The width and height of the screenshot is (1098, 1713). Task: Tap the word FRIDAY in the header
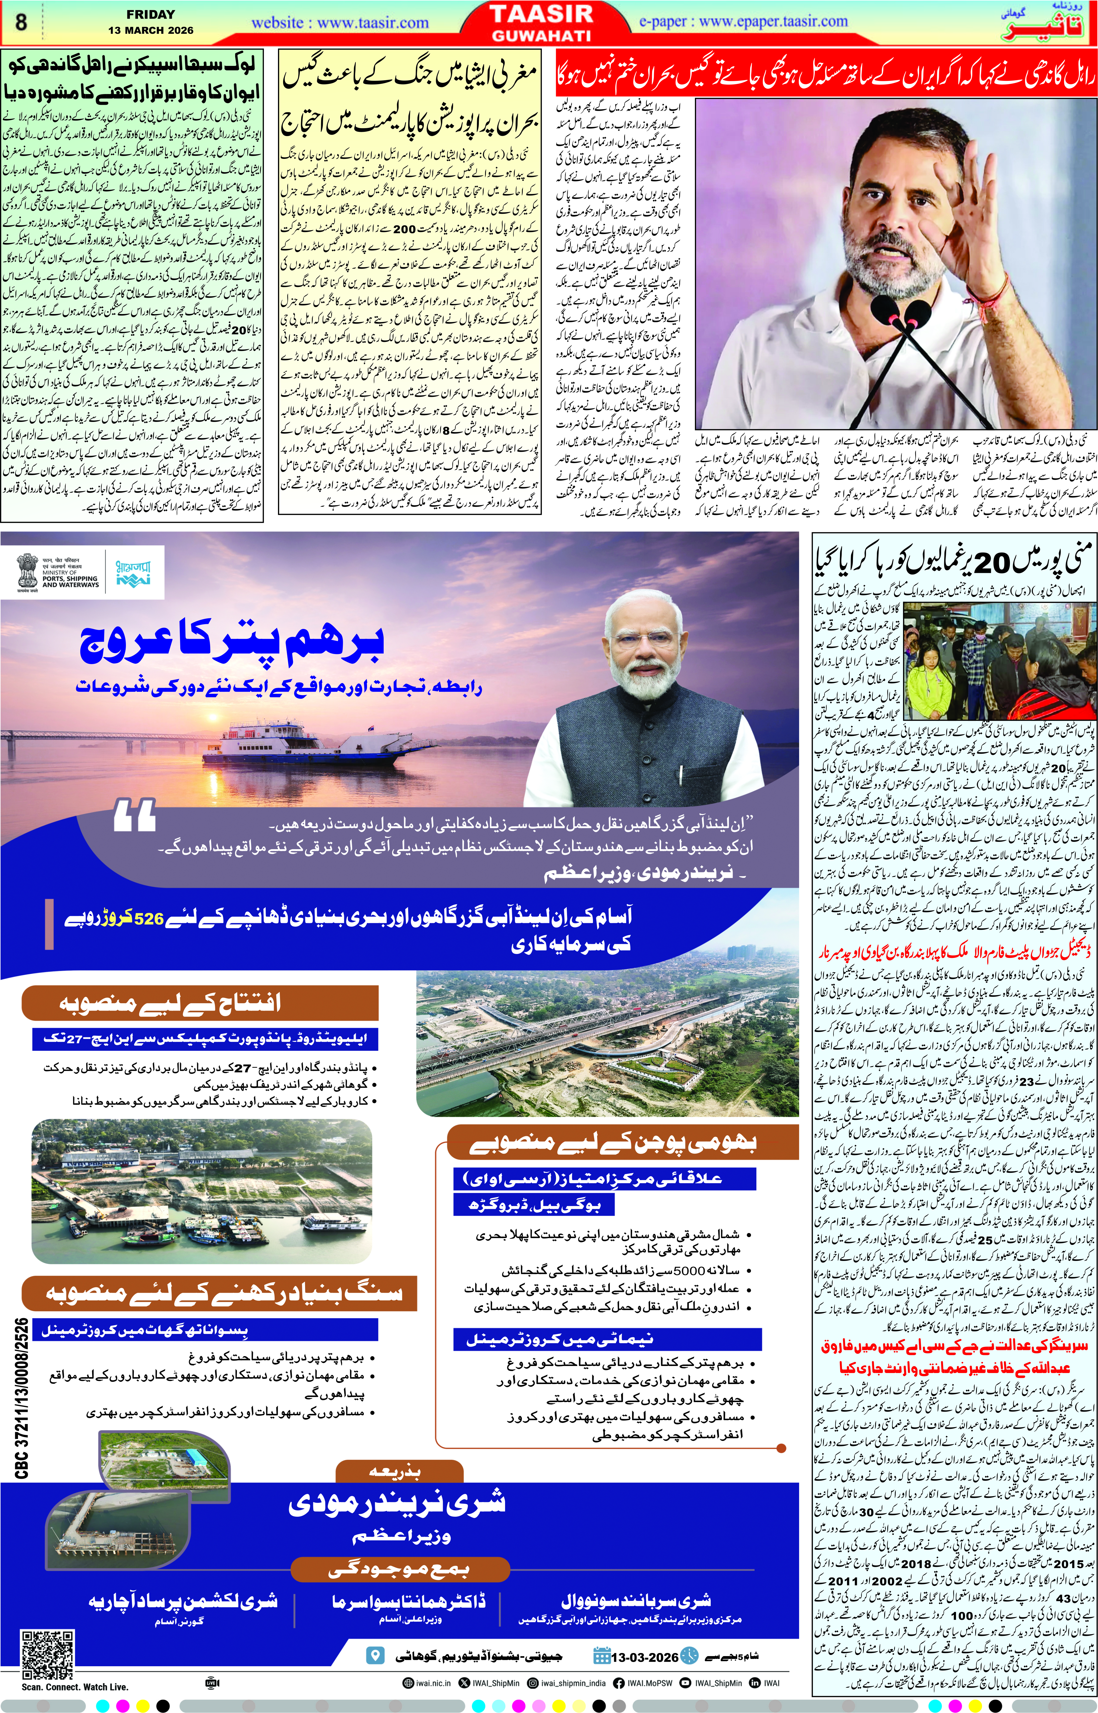click(150, 14)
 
